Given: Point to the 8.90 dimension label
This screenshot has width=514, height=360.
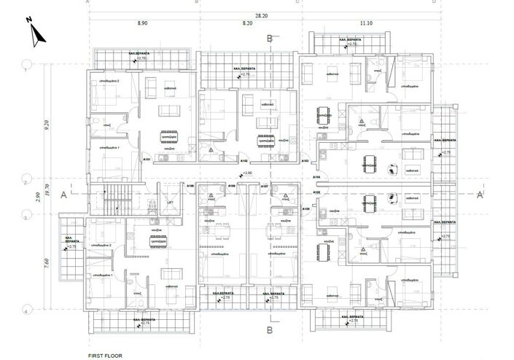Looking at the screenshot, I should coord(142,24).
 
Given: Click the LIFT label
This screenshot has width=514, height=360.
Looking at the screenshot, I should coord(170,203).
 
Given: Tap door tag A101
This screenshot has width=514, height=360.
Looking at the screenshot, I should coord(146,160).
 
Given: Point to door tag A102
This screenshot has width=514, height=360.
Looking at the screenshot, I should coord(244,161).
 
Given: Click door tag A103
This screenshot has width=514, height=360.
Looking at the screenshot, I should coord(305,160).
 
